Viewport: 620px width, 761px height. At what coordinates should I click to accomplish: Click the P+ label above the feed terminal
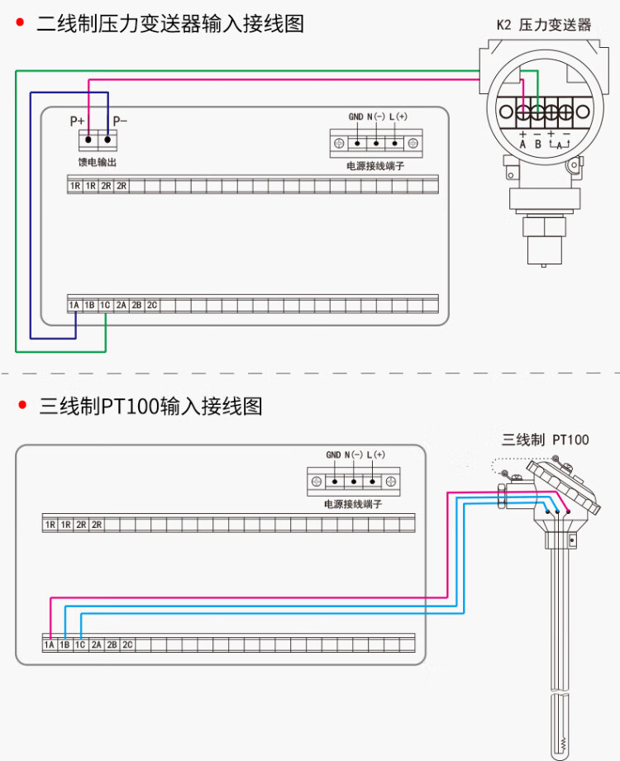coord(77,121)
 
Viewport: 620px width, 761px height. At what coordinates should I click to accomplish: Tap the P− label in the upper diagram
coord(120,121)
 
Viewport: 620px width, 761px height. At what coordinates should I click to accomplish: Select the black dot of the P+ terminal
coord(88,140)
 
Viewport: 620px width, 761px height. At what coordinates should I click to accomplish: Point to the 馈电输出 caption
coord(98,162)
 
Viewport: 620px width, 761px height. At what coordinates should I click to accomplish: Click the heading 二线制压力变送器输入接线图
coord(170,24)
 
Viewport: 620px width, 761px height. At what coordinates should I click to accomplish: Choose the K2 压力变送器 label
coord(544,25)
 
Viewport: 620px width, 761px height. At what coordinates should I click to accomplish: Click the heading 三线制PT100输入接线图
coord(150,406)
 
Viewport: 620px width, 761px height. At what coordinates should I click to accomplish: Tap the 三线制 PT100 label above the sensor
coord(546,440)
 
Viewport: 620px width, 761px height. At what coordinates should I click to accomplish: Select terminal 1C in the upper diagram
coord(105,305)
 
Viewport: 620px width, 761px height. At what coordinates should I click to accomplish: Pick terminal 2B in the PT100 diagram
coord(112,644)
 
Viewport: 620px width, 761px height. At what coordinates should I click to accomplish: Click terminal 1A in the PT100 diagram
coord(50,644)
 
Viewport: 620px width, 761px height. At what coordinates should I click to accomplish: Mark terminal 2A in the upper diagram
coord(121,305)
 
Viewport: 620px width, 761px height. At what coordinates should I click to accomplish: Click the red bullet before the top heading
coord(20,22)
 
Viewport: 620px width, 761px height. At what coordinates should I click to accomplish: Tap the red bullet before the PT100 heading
coord(22,405)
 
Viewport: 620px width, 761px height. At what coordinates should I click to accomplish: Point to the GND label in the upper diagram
coord(356,117)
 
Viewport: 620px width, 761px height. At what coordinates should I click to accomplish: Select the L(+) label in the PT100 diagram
coord(376,454)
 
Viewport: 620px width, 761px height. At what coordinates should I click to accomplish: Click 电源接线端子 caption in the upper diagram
coord(375,166)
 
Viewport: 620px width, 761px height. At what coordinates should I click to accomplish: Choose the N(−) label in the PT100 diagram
coord(354,454)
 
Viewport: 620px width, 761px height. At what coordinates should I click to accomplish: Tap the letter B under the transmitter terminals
coord(538,145)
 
